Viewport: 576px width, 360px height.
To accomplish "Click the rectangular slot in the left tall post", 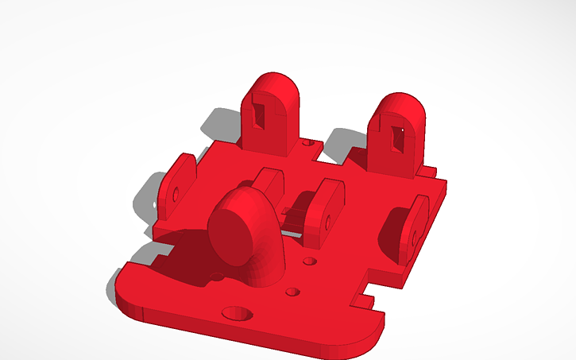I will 259,114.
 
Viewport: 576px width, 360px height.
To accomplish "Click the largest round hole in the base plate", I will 237,314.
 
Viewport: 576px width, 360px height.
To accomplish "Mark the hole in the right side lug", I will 414,236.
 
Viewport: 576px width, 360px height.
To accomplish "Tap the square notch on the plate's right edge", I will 367,297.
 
